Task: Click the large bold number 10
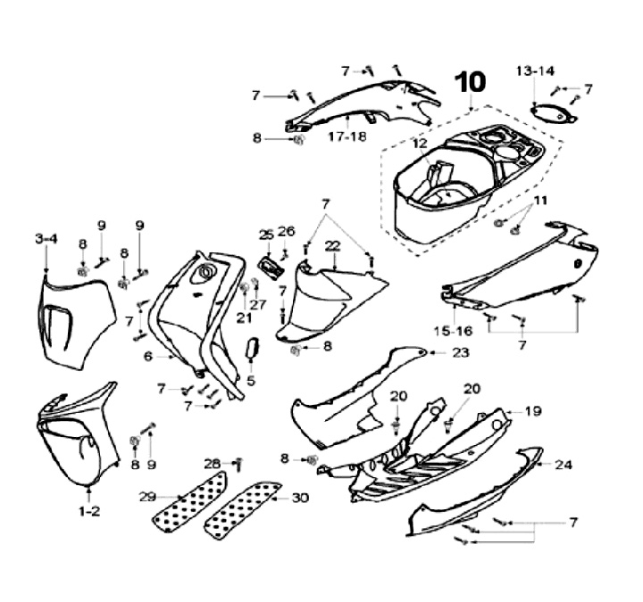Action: coord(470,83)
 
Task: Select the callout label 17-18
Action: coord(347,137)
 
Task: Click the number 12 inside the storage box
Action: coord(420,143)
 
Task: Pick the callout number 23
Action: coord(460,353)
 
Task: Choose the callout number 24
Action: coord(564,465)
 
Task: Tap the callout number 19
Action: coord(533,412)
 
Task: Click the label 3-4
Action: coord(46,238)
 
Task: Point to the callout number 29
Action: coord(149,496)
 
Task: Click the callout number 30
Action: coord(300,499)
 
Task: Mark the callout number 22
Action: coord(332,245)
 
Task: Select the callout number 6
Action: coord(148,355)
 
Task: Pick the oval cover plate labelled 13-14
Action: coord(547,113)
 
